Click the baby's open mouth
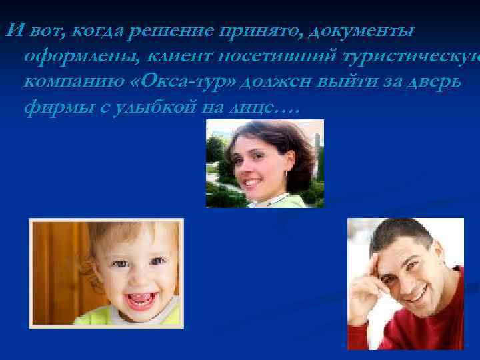(x=139, y=301)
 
